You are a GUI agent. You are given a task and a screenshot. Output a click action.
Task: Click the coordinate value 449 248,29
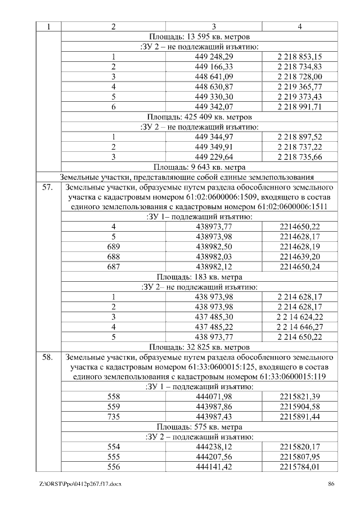click(x=214, y=57)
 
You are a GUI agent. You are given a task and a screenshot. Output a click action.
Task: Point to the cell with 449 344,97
click(x=214, y=137)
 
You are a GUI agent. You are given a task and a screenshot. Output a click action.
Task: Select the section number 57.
click(x=48, y=187)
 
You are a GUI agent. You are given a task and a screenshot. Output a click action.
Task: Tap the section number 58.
click(x=48, y=357)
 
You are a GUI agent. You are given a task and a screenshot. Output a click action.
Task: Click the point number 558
click(x=114, y=397)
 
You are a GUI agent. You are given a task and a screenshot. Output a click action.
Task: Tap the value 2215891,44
click(x=299, y=417)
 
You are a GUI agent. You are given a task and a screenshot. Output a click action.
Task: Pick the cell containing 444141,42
click(x=214, y=466)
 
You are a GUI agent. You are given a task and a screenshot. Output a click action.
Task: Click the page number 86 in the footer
click(x=331, y=484)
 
